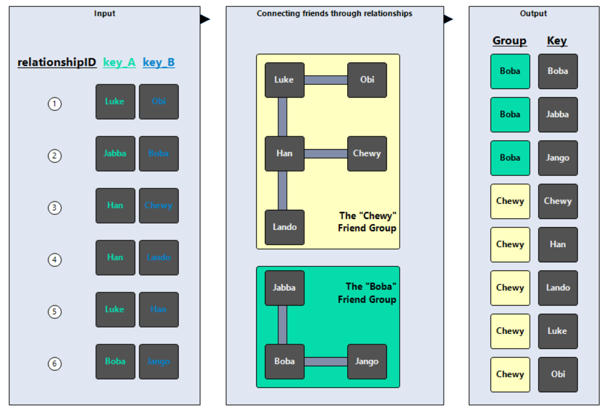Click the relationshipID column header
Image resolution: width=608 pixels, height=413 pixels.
pos(57,62)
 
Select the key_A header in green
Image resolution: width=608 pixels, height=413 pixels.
pos(119,62)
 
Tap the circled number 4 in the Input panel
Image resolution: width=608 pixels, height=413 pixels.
pos(54,260)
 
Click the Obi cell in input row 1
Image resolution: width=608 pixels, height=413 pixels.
pos(159,102)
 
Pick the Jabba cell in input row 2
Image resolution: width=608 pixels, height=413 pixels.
pos(115,154)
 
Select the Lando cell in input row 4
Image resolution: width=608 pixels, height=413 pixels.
pos(159,258)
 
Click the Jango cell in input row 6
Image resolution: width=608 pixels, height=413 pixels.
pos(159,362)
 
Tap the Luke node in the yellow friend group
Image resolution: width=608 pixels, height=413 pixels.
pos(284,80)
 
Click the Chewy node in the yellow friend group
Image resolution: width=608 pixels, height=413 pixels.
pos(367,154)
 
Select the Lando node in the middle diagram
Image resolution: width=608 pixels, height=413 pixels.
pos(284,227)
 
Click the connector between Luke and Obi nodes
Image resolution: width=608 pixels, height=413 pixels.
pos(326,80)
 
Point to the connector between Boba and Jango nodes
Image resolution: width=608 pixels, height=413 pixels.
pos(326,362)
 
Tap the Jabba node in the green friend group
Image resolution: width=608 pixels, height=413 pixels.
pos(284,288)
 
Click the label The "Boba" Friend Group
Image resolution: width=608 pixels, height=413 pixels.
pos(367,293)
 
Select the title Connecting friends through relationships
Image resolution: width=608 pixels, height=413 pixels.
pos(334,13)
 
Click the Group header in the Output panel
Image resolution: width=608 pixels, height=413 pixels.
pos(509,41)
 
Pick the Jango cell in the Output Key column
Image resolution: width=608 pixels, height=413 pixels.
pos(558,158)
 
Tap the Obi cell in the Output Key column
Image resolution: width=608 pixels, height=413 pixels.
pos(558,374)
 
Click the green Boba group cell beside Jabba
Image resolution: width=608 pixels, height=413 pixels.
pos(510,114)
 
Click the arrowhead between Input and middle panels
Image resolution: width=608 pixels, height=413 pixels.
pos(204,19)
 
